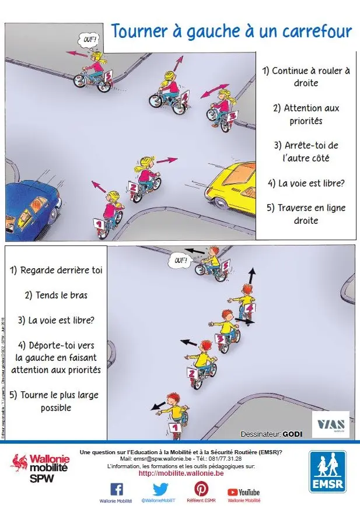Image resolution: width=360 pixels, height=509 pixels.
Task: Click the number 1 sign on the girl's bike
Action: (x=98, y=224)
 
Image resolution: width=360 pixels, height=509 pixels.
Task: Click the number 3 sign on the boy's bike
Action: (x=221, y=338)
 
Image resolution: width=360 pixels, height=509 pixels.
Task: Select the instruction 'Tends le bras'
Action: (x=56, y=296)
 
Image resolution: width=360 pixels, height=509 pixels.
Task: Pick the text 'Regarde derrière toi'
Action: (x=55, y=271)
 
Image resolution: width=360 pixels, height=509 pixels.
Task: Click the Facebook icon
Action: (x=117, y=489)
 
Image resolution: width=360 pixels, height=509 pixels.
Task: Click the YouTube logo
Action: (x=243, y=493)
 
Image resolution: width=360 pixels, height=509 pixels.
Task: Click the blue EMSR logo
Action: (x=327, y=472)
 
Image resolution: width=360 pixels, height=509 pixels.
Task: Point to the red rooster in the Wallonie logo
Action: (x=20, y=464)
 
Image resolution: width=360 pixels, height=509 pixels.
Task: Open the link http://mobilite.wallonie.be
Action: (x=181, y=474)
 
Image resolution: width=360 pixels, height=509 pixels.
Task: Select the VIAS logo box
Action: (x=330, y=424)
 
